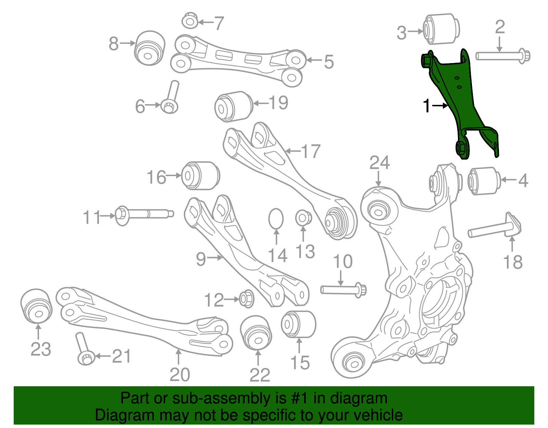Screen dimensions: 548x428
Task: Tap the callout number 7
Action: [x=219, y=23]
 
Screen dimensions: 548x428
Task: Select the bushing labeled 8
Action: [x=149, y=48]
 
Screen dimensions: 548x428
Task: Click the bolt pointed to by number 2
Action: [x=503, y=56]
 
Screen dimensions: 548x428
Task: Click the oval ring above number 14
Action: [x=276, y=219]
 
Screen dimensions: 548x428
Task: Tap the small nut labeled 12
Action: [x=246, y=299]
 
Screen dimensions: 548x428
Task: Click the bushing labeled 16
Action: [x=200, y=176]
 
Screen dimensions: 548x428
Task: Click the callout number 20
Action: [x=179, y=375]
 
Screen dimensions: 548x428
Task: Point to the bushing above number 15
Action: [x=299, y=324]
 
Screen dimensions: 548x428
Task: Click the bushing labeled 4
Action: [x=484, y=181]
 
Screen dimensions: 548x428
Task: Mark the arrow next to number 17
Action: [x=293, y=151]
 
